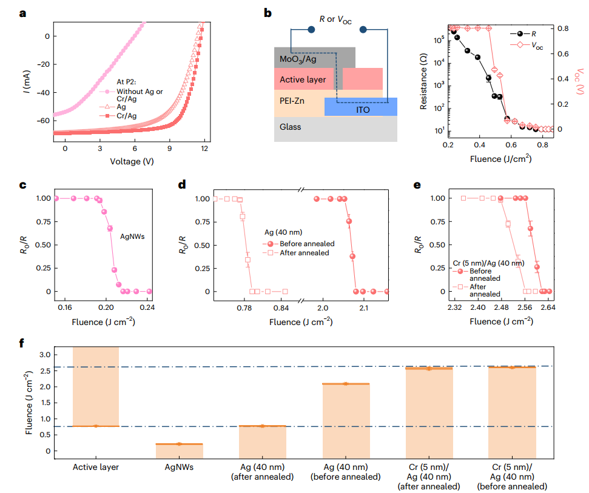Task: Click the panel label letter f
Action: (x=22, y=343)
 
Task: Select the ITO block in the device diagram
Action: (x=362, y=107)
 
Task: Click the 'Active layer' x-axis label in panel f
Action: (x=95, y=467)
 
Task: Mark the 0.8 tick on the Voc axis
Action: (x=563, y=28)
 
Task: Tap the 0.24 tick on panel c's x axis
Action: (x=147, y=307)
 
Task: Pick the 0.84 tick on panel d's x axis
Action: (x=280, y=307)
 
